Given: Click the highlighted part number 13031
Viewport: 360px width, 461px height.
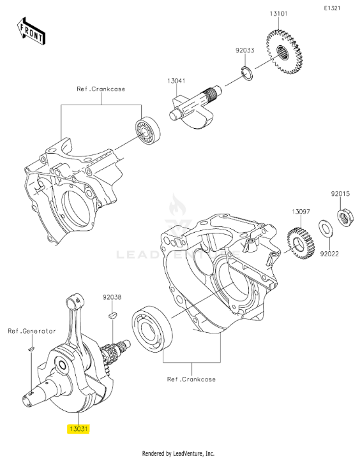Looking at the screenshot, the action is point(79,429).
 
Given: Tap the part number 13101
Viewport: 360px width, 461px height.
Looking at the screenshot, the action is point(279,13).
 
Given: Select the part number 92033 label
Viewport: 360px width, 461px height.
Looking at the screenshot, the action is point(245,50).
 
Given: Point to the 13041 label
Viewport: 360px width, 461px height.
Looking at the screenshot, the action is point(177,80).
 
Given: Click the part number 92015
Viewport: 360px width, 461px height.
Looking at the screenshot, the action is point(340,194).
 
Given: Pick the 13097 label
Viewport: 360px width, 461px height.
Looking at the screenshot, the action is point(301,212).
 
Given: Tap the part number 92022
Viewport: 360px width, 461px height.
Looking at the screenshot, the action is point(329,253).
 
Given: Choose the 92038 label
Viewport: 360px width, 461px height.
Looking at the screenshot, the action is point(112,297).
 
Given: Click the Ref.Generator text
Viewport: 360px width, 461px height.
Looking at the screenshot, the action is point(32,331).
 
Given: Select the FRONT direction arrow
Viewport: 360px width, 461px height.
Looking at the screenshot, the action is point(31,31).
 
